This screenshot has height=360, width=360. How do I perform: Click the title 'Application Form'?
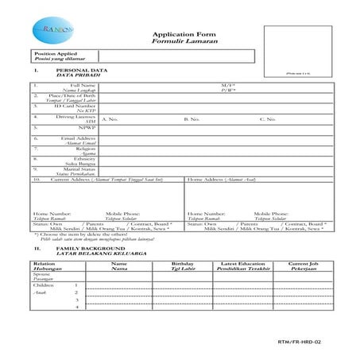179,37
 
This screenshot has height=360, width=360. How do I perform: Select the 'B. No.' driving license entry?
192,118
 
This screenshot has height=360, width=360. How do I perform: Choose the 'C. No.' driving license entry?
267,118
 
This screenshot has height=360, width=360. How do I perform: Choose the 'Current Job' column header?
304,262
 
